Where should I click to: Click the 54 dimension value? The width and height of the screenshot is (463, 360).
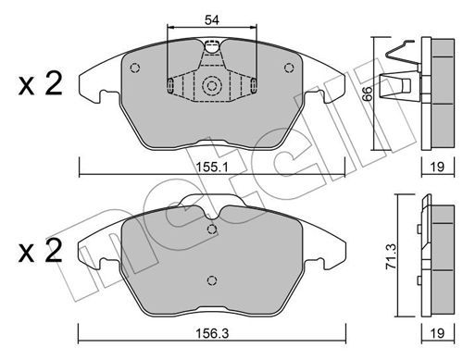pos(212,20)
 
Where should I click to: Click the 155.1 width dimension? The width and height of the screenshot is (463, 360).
pos(212,168)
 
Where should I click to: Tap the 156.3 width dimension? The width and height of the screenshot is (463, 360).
pos(212,333)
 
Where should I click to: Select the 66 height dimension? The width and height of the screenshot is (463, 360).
pos(368,93)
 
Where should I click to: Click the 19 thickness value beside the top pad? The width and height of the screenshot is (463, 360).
pos(437,168)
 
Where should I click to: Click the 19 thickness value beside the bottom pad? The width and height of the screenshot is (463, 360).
pos(437,333)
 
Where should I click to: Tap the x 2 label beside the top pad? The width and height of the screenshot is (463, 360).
pos(41,84)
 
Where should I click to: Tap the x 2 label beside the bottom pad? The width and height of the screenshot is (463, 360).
pos(41,252)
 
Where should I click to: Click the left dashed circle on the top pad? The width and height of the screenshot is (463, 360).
pos(135,68)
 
